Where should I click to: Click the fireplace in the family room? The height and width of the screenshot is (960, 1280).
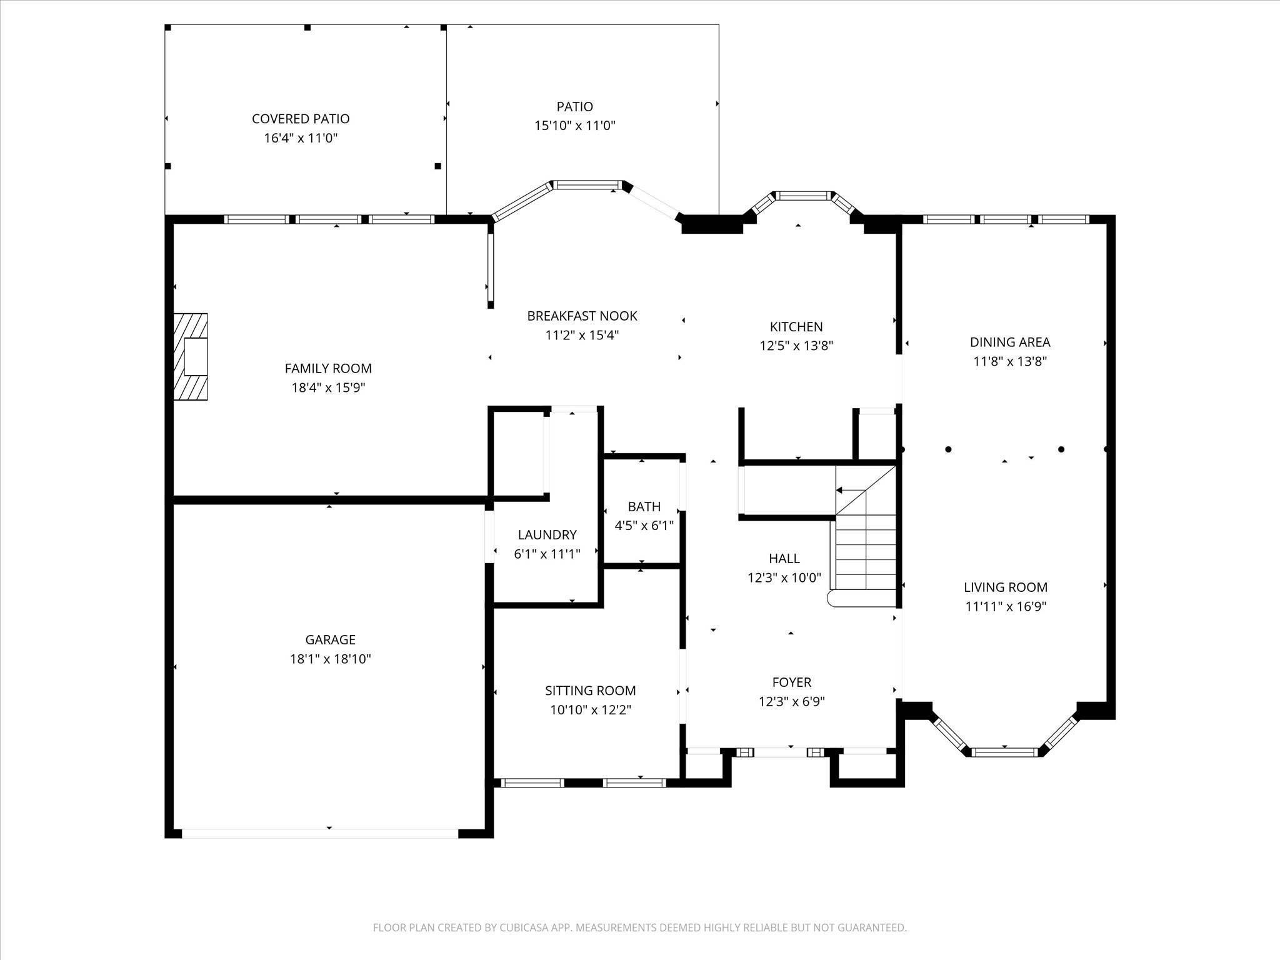pyautogui.click(x=191, y=357)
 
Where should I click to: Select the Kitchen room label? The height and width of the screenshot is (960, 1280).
pyautogui.click(x=796, y=327)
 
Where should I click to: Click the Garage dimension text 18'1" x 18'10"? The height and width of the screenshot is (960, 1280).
pyautogui.click(x=331, y=659)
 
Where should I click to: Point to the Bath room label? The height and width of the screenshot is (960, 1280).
pyautogui.click(x=644, y=507)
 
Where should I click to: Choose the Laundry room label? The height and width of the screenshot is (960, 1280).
pyautogui.click(x=547, y=535)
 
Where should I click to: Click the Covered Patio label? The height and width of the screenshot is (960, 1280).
pyautogui.click(x=301, y=119)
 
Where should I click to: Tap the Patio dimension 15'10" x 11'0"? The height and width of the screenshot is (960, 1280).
pyautogui.click(x=575, y=126)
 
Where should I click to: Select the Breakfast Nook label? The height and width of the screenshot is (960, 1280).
pyautogui.click(x=582, y=316)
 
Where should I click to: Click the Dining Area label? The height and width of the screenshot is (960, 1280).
pyautogui.click(x=1010, y=342)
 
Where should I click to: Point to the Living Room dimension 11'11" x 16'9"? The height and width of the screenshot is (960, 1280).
pyautogui.click(x=1006, y=606)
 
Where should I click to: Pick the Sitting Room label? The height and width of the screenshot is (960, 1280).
pyautogui.click(x=591, y=691)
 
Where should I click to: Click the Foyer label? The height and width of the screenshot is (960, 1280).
pyautogui.click(x=792, y=682)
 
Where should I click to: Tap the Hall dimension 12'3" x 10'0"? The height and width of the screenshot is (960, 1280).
pyautogui.click(x=784, y=577)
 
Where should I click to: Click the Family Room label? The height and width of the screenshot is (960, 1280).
pyautogui.click(x=328, y=369)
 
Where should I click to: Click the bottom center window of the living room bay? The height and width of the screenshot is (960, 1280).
pyautogui.click(x=1004, y=752)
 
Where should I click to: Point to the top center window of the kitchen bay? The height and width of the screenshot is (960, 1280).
pyautogui.click(x=804, y=196)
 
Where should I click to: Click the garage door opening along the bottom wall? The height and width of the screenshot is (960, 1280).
pyautogui.click(x=320, y=833)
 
